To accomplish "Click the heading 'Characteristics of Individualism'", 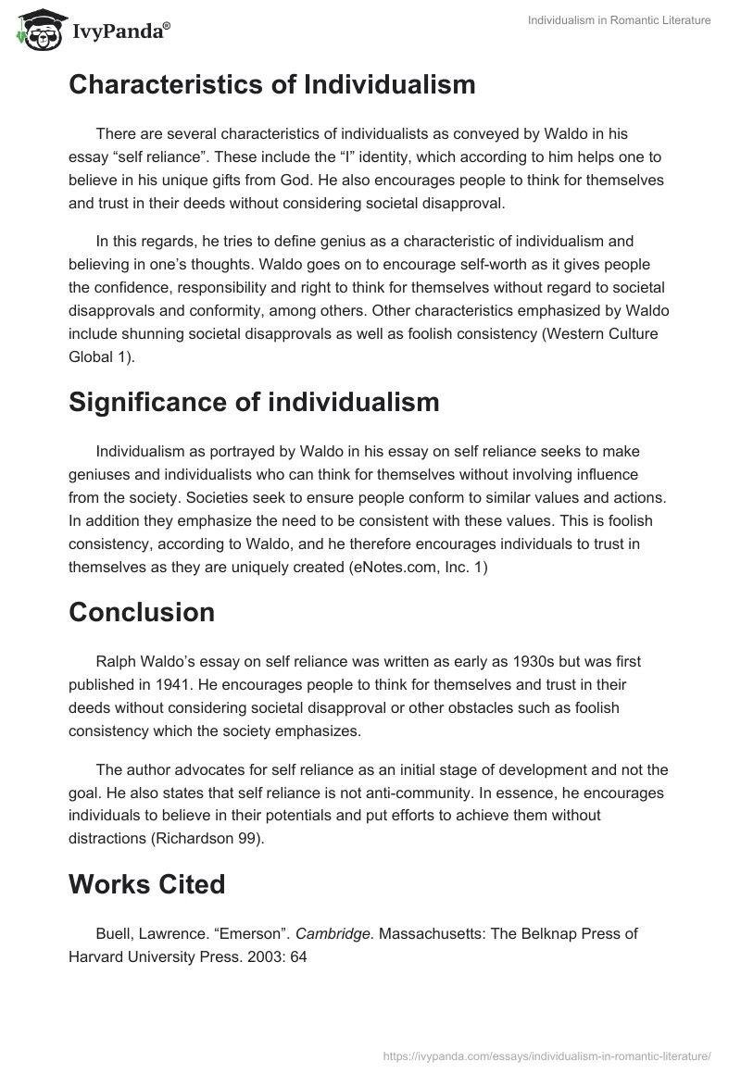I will coord(271,85).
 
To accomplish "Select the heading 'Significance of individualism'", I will coord(254,403).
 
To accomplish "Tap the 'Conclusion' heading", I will coord(141,612).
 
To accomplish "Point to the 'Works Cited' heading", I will coord(146,884).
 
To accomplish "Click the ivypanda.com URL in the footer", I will coord(546,1055).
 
